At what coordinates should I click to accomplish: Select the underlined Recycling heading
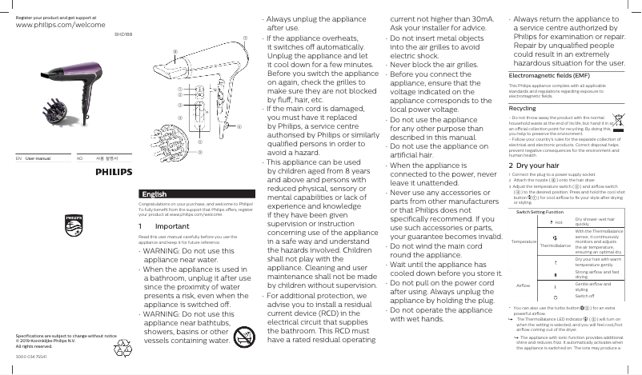click(523, 130)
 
